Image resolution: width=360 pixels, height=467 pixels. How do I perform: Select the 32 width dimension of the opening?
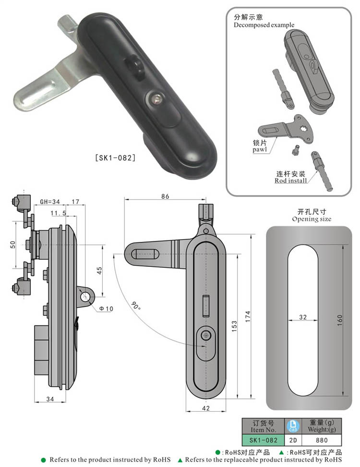pyautogui.click(x=302, y=317)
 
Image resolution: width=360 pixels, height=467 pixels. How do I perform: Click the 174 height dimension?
pyautogui.click(x=248, y=317)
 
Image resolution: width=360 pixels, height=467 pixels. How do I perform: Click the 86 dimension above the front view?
pyautogui.click(x=165, y=196)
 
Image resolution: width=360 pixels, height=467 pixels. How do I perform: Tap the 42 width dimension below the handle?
pyautogui.click(x=205, y=408)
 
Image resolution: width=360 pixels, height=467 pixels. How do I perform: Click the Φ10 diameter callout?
pyautogui.click(x=106, y=308)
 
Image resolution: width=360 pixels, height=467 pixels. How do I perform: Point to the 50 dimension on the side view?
pyautogui.click(x=13, y=244)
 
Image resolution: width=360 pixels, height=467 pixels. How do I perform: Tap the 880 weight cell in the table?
pyautogui.click(x=322, y=440)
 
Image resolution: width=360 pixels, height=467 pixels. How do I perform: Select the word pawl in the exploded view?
pyautogui.click(x=260, y=149)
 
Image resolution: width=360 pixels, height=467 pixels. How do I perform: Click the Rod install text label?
pyautogui.click(x=291, y=180)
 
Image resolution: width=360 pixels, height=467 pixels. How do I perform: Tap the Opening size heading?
pyautogui.click(x=312, y=219)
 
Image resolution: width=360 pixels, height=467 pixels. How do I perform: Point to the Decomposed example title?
pyautogui.click(x=264, y=25)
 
